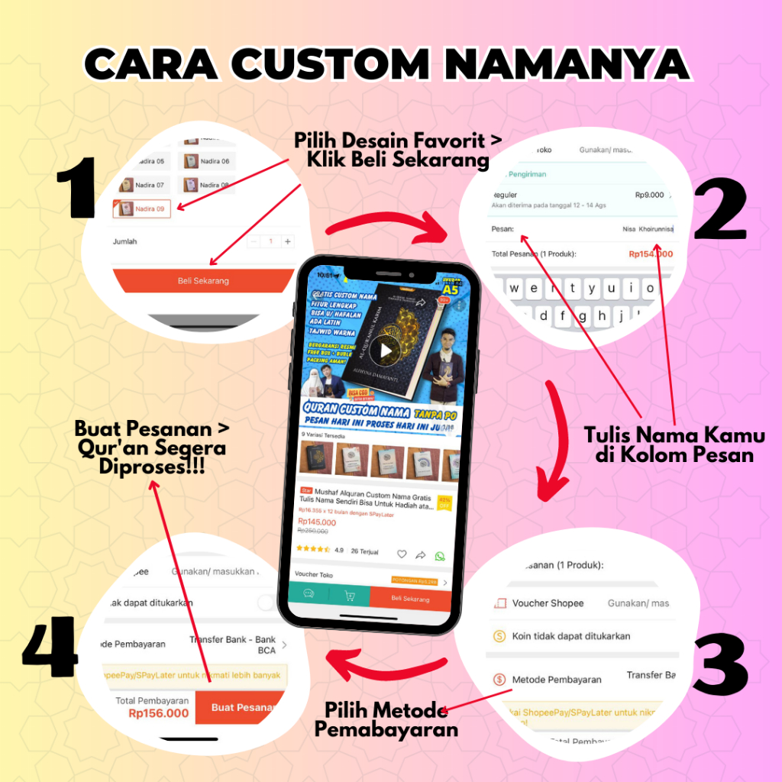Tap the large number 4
tap(50, 649)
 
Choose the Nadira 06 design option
tap(206, 161)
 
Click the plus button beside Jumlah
tap(287, 241)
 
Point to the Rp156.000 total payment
tap(158, 713)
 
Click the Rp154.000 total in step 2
tap(650, 254)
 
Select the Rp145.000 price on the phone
tap(317, 522)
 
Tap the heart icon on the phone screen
tap(402, 554)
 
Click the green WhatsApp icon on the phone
tap(439, 555)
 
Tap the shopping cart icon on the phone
tap(350, 596)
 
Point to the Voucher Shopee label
tap(548, 603)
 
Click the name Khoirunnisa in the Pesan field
tap(656, 228)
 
